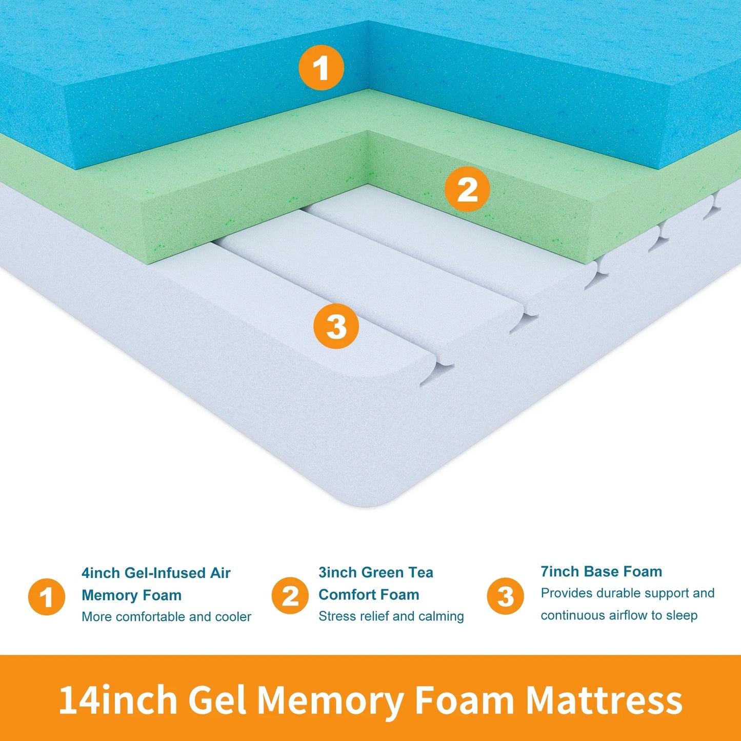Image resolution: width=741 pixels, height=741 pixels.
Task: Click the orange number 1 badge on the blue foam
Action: click(x=321, y=68)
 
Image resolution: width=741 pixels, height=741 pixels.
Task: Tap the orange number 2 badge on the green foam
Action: click(x=467, y=189)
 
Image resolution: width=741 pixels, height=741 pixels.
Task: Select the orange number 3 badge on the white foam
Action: click(x=336, y=326)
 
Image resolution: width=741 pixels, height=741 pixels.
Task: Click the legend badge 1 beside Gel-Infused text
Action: click(x=47, y=596)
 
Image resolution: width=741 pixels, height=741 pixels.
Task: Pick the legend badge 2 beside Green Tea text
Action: click(x=290, y=596)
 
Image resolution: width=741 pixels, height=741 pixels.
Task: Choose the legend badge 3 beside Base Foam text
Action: click(x=505, y=596)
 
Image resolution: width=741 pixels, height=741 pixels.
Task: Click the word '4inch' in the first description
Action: click(x=101, y=573)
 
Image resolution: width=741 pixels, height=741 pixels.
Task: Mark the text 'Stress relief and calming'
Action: click(x=391, y=616)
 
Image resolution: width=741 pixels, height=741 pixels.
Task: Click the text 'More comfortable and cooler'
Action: click(x=166, y=616)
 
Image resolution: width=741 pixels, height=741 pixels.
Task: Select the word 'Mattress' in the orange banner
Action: click(x=604, y=700)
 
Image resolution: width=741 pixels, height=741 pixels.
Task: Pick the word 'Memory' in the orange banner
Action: click(x=330, y=701)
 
